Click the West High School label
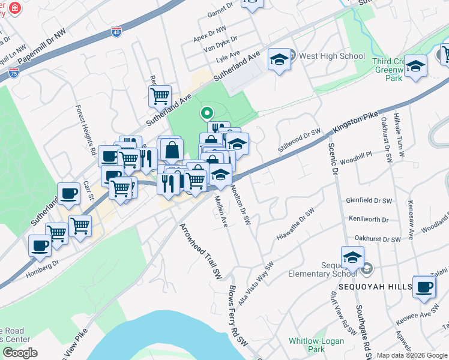[332, 56]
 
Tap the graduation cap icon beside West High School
[279, 59]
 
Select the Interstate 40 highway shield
[116, 32]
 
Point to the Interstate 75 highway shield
[14, 73]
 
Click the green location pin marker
[206, 112]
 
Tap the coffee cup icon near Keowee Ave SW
[424, 286]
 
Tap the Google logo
[20, 353]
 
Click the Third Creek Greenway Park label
[390, 70]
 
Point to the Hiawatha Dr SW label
[295, 224]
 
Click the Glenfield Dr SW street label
[369, 200]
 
